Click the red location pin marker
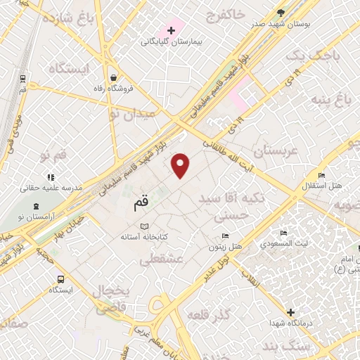[181, 165]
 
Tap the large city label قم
[141, 204]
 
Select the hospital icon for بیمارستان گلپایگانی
[170, 30]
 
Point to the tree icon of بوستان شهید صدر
[281, 12]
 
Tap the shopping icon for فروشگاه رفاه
[113, 78]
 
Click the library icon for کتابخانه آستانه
[145, 226]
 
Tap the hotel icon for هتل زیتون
[225, 236]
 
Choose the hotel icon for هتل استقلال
[321, 175]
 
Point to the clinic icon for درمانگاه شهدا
[290, 311]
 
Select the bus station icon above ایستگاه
[60, 278]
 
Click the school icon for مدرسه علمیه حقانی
[50, 177]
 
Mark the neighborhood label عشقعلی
[162, 260]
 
